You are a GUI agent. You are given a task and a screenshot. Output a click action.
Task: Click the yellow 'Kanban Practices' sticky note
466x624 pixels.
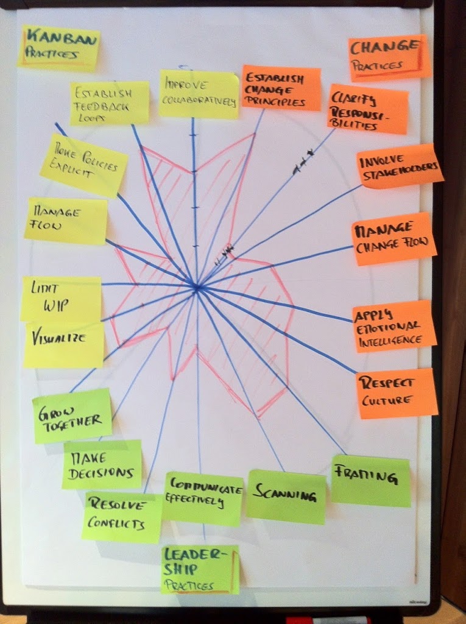pyautogui.click(x=58, y=49)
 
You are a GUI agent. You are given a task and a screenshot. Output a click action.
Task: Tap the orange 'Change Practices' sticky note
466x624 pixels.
pyautogui.click(x=389, y=58)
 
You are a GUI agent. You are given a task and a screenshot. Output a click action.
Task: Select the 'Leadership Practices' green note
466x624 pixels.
pyautogui.click(x=200, y=570)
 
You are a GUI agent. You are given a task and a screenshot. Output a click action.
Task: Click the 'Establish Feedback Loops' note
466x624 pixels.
pyautogui.click(x=110, y=103)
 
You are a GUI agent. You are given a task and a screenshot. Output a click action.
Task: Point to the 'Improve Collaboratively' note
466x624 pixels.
pyautogui.click(x=199, y=94)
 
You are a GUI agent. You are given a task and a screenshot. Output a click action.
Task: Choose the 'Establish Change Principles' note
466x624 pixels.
pyautogui.click(x=281, y=88)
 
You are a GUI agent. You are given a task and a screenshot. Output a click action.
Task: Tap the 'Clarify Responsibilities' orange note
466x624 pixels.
pyautogui.click(x=368, y=110)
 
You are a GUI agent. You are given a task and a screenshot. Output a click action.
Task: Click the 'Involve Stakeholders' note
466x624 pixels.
pyautogui.click(x=400, y=166)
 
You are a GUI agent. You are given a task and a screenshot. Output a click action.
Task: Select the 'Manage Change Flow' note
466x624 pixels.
pyautogui.click(x=394, y=239)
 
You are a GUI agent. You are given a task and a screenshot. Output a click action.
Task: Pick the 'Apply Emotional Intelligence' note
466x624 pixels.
pyautogui.click(x=394, y=326)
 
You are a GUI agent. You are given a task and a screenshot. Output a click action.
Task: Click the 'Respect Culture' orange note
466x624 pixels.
pyautogui.click(x=397, y=393)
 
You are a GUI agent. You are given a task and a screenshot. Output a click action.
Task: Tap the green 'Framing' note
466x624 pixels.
pyautogui.click(x=370, y=481)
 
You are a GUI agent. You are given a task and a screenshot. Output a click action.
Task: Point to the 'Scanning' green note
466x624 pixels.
pyautogui.click(x=286, y=496)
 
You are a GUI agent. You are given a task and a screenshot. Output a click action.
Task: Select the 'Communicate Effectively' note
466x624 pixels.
pyautogui.click(x=203, y=498)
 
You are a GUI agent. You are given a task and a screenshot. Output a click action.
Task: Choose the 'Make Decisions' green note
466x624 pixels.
pyautogui.click(x=102, y=464)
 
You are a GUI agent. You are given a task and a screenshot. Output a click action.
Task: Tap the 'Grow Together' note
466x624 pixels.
pyautogui.click(x=72, y=416)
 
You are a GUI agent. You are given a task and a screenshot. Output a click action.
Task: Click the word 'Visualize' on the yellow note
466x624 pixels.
pyautogui.click(x=58, y=338)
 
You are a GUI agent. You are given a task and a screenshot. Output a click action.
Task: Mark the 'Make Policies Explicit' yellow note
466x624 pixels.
pyautogui.click(x=84, y=165)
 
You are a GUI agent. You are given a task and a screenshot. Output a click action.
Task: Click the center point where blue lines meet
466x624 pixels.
pyautogui.click(x=197, y=288)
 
